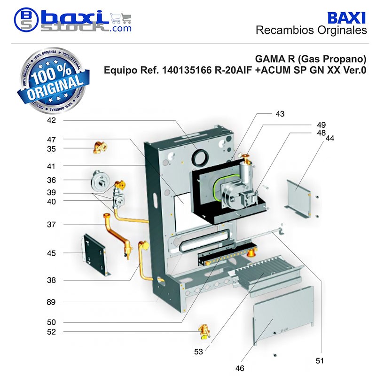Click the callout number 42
51,120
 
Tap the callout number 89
51,302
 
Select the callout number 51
320,360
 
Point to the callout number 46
240,368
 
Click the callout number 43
280,114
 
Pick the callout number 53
198,352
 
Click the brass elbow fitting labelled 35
100,148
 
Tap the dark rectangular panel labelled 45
95,255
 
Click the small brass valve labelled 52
204,332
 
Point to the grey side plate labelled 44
298,198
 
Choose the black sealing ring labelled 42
200,158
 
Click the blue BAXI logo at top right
346,18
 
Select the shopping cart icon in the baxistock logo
121,18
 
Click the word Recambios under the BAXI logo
285,31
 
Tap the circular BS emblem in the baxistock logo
26,20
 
